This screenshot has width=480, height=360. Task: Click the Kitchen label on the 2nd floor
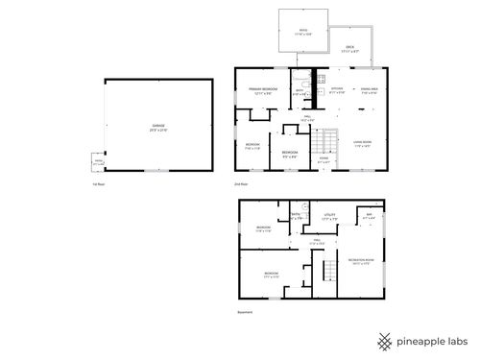click(336, 91)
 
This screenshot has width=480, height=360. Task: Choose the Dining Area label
click(370, 91)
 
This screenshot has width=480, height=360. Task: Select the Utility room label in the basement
click(329, 217)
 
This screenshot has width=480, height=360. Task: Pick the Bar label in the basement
click(368, 215)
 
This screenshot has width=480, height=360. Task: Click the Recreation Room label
click(361, 260)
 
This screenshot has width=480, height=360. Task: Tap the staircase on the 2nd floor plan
click(328, 143)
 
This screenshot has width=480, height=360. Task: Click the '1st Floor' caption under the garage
click(97, 182)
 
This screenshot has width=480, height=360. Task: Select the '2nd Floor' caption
click(242, 182)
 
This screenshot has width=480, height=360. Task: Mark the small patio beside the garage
click(98, 162)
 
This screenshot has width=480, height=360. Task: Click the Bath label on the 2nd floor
click(300, 93)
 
